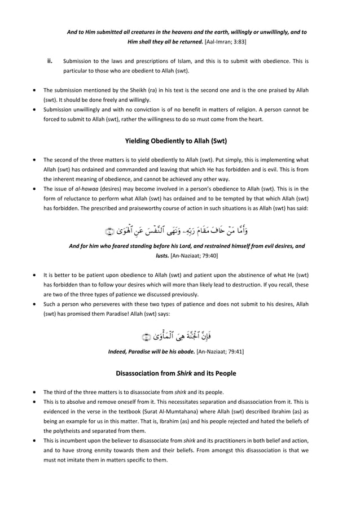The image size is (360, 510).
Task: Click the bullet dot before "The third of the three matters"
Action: pos(37,392)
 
